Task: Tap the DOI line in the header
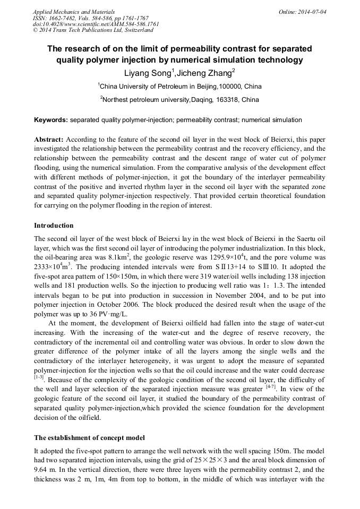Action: point(96,24)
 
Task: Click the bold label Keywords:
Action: point(51,120)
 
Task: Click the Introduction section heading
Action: point(54,226)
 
